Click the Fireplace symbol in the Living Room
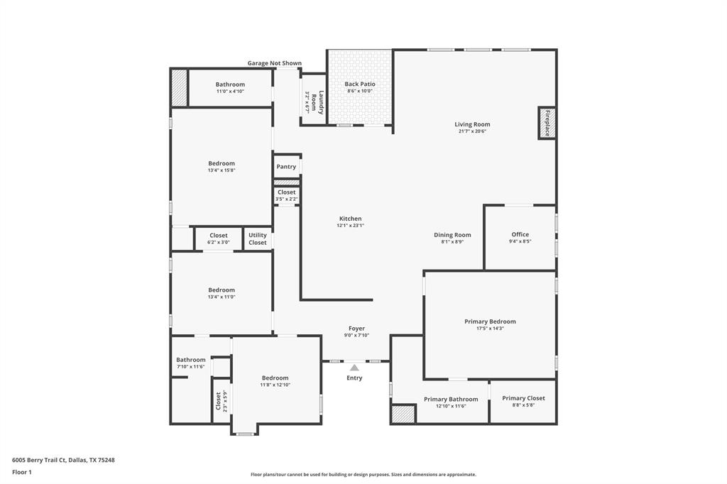pyautogui.click(x=547, y=123)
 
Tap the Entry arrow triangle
pyautogui.click(x=354, y=367)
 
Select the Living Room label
pyautogui.click(x=472, y=125)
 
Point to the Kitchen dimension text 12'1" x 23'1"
pyautogui.click(x=350, y=226)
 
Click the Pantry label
pyautogui.click(x=286, y=167)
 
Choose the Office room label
pyautogui.click(x=520, y=235)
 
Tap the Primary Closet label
pyautogui.click(x=523, y=398)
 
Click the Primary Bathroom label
pyautogui.click(x=451, y=399)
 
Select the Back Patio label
pyautogui.click(x=360, y=84)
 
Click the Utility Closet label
pyautogui.click(x=258, y=239)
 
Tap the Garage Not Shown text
pyautogui.click(x=274, y=63)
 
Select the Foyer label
pyautogui.click(x=356, y=329)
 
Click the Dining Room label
pyautogui.click(x=452, y=235)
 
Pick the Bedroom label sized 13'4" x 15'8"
pyautogui.click(x=222, y=164)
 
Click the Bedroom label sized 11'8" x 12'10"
pyautogui.click(x=275, y=378)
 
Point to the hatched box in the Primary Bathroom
pyautogui.click(x=403, y=414)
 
